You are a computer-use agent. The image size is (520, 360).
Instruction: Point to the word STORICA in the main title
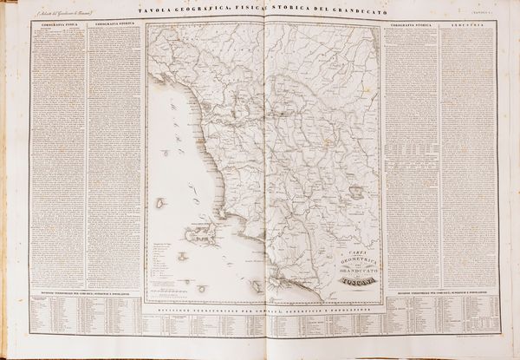click(275, 11)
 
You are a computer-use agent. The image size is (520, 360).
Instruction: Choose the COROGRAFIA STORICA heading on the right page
click(411, 27)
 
